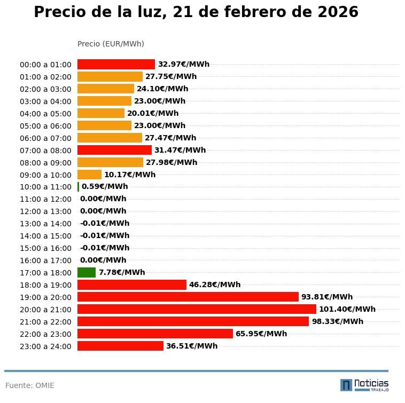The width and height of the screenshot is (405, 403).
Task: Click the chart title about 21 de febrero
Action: click(x=196, y=12)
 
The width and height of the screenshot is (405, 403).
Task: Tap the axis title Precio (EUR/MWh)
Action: click(x=111, y=44)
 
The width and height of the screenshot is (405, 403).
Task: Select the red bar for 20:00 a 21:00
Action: click(x=197, y=309)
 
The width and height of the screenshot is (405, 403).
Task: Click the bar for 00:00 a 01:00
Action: click(x=116, y=65)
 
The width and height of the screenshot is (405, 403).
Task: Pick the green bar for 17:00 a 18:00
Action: click(x=87, y=273)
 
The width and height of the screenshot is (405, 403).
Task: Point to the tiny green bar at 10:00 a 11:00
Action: click(x=79, y=187)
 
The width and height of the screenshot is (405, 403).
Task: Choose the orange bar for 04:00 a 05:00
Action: click(x=101, y=113)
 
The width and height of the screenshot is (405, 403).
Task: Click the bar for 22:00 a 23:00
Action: click(x=155, y=334)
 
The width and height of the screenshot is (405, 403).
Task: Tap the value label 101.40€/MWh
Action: click(x=347, y=309)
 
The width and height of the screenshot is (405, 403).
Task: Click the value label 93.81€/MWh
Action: click(x=327, y=297)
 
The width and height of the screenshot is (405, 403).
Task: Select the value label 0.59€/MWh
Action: click(x=105, y=187)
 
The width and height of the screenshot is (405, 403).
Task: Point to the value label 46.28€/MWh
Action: click(x=215, y=285)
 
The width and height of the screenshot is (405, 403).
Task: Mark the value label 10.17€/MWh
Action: click(x=130, y=175)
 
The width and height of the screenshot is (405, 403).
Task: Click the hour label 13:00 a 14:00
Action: click(x=45, y=224)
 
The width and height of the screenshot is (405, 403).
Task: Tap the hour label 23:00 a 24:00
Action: click(x=45, y=346)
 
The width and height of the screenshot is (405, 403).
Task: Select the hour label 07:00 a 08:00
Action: click(x=45, y=151)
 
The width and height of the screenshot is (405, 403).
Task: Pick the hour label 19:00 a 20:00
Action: click(x=45, y=297)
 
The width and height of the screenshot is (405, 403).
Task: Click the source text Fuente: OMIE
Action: click(x=30, y=385)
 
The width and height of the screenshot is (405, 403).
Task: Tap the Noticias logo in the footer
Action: click(x=364, y=384)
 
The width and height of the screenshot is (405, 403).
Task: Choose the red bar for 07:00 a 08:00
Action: click(x=114, y=150)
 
